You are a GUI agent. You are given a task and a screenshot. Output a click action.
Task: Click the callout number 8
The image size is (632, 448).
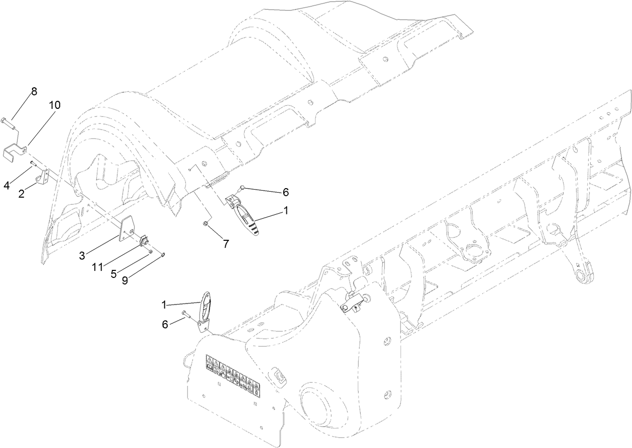34,91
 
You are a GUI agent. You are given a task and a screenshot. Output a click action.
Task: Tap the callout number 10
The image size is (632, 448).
54,105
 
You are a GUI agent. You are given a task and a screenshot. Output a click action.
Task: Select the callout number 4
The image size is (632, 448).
7,185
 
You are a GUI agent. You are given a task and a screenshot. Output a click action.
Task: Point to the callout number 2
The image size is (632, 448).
22,193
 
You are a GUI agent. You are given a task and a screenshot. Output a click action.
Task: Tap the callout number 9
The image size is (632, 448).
125,280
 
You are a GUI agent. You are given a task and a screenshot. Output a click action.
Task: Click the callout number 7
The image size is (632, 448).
226,244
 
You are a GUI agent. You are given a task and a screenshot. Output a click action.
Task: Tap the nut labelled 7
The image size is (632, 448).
205,223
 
